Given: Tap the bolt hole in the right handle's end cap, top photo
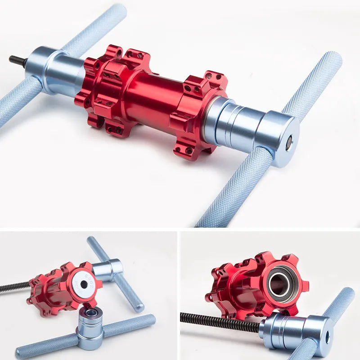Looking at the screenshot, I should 289,142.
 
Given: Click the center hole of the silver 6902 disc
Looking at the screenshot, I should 84,284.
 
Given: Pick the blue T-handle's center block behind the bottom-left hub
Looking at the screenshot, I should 108,269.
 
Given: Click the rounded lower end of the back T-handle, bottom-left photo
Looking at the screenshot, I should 138,308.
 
